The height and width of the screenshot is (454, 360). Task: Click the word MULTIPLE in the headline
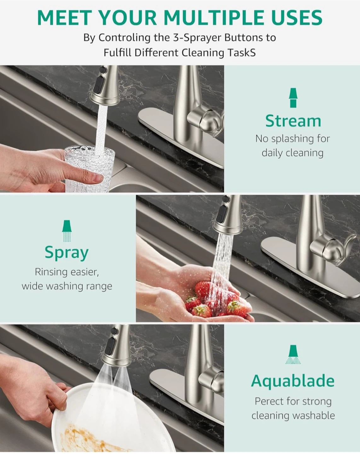point(213,18)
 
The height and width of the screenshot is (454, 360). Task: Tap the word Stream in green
point(293,121)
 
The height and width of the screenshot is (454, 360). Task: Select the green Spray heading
point(67,253)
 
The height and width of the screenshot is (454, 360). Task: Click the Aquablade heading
point(293,381)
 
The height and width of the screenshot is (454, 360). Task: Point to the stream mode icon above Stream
point(293,98)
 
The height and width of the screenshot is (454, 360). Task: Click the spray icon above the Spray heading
point(67,231)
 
